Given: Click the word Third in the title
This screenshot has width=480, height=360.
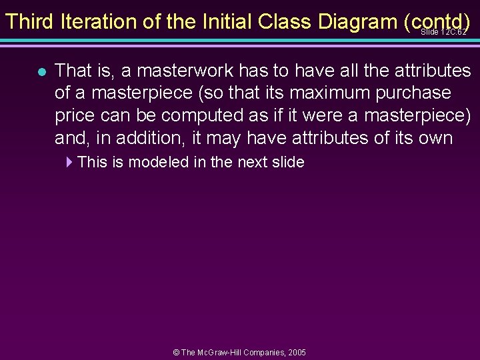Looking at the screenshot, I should click(29, 21).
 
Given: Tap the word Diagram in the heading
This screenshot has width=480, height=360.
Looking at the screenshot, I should click(357, 21).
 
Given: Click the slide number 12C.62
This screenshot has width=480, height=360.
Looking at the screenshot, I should click(443, 32).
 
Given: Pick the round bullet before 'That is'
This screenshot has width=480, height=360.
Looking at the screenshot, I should click(41, 71).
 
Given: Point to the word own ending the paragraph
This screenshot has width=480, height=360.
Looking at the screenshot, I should click(437, 138).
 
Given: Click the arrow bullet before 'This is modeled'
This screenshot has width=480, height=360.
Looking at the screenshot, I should click(69, 162).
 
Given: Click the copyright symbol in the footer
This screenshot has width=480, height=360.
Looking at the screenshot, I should click(177, 352).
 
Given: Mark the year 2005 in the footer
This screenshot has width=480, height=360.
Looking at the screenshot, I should click(297, 352).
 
